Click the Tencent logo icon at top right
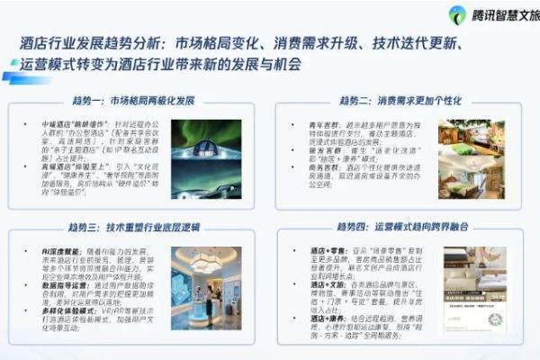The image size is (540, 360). [457, 15]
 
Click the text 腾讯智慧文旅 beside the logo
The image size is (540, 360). [503, 15]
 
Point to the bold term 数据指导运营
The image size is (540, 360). [56, 285]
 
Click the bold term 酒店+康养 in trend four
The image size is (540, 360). [310, 319]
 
